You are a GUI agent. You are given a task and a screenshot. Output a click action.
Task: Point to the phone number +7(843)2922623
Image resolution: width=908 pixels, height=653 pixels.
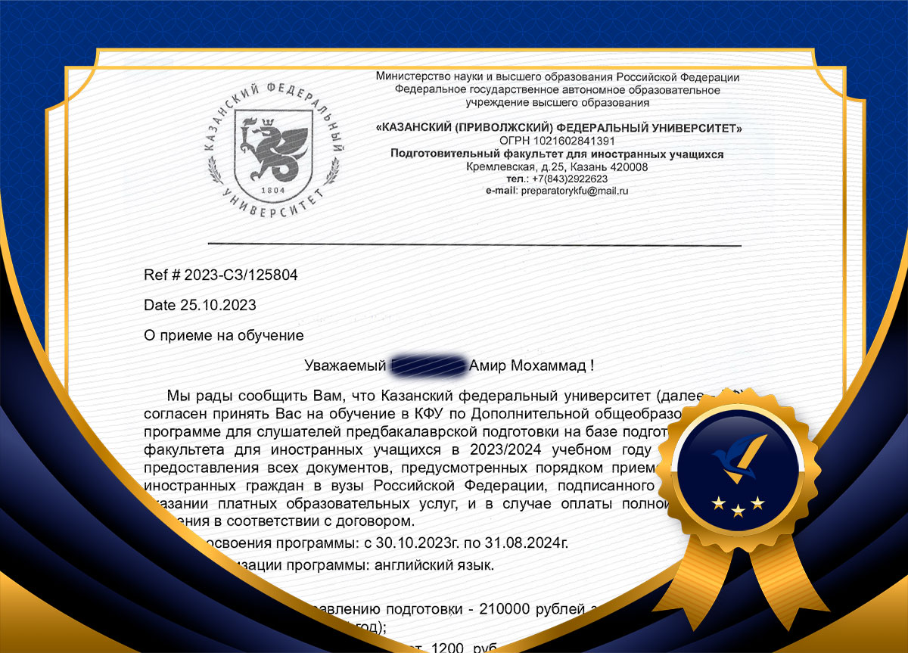tap(570, 179)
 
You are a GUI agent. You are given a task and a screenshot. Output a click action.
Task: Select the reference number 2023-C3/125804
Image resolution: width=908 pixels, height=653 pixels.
tap(241, 275)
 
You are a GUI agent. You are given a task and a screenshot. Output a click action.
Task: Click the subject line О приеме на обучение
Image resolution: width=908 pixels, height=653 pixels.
tap(223, 335)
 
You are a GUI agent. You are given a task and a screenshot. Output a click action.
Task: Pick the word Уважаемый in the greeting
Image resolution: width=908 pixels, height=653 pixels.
tap(344, 366)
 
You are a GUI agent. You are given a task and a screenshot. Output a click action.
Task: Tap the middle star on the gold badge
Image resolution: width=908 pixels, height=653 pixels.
tap(738, 512)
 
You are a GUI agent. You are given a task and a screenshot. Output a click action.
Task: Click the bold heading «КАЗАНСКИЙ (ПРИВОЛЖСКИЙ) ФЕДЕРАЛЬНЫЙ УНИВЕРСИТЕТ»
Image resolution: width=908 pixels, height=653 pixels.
tap(558, 129)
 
